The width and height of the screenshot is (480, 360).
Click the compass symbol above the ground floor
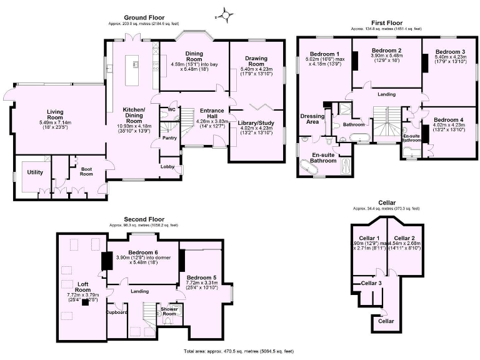pyautogui.click(x=225, y=12)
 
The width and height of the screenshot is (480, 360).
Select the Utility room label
pyautogui.click(x=35, y=172)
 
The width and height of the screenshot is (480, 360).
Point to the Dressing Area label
pyautogui.click(x=312, y=119)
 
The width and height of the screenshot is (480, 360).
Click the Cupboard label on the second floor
pyautogui.click(x=117, y=312)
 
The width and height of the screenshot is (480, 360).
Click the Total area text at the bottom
pyautogui.click(x=239, y=352)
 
